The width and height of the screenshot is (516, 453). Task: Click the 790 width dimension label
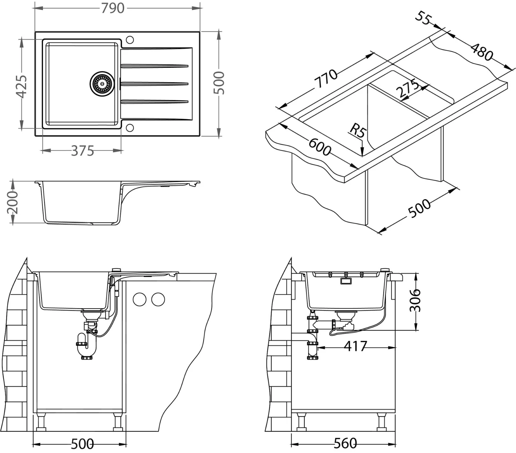click(112, 8)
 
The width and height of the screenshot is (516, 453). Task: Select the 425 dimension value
click(21, 86)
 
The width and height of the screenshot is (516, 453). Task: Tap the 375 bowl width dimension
click(82, 151)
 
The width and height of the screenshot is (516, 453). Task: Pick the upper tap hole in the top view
click(130, 40)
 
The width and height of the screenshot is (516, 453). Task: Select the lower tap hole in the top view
click(130, 128)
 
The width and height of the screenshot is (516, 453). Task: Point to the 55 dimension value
click(423, 18)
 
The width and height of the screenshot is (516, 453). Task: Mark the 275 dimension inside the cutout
click(407, 89)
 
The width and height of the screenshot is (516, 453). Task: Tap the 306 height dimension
click(415, 300)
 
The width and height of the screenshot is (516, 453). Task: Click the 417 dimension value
click(356, 346)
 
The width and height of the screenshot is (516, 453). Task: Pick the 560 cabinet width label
click(345, 443)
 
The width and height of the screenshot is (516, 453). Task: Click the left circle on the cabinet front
click(140, 299)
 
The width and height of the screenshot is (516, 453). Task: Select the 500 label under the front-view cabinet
click(82, 443)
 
